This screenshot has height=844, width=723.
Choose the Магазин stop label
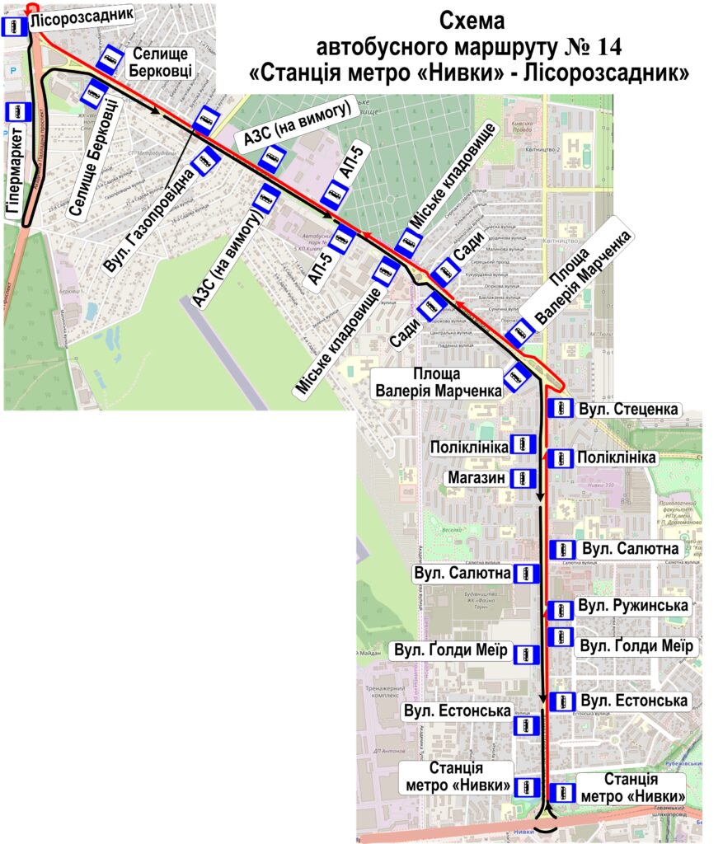pyautogui.click(x=476, y=477)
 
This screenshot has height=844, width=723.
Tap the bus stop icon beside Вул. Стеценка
pyautogui.click(x=561, y=409)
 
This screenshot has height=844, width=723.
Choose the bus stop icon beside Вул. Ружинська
pyautogui.click(x=561, y=610)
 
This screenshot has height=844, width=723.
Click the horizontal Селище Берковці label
pyautogui.click(x=161, y=63)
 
